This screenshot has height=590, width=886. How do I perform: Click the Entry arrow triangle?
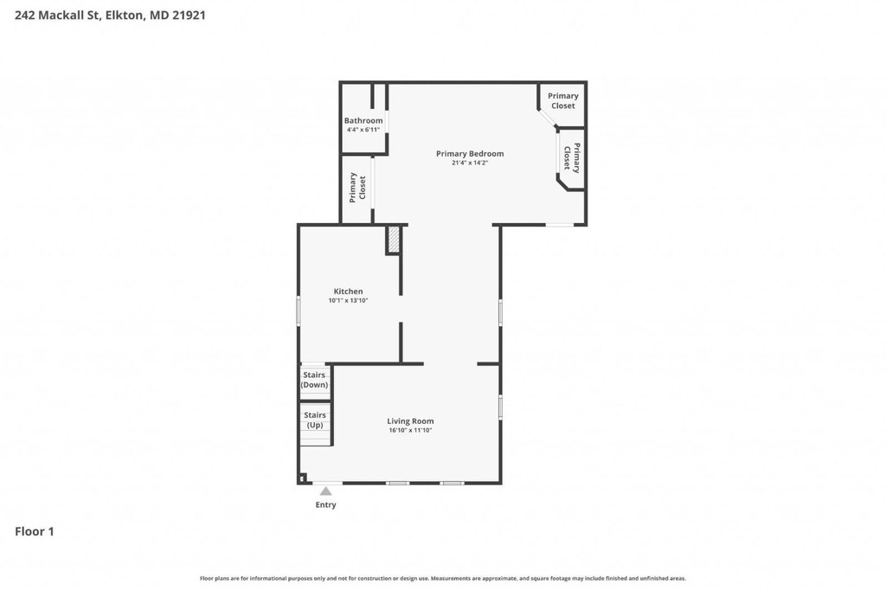click(x=326, y=491)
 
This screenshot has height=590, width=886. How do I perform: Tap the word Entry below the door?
click(x=325, y=504)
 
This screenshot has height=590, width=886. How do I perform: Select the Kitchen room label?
click(x=348, y=291)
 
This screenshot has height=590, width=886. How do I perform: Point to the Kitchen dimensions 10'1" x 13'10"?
click(x=348, y=301)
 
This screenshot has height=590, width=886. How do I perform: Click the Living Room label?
click(x=410, y=421)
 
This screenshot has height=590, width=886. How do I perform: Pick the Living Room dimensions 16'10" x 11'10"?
click(x=410, y=430)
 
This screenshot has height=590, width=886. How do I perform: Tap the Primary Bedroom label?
click(x=470, y=154)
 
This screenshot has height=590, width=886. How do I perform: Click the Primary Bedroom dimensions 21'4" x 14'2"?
click(x=470, y=163)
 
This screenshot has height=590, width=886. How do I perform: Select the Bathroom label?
click(x=363, y=120)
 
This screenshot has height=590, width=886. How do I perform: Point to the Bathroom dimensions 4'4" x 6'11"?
click(x=363, y=130)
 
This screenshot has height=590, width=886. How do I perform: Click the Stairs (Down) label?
click(x=314, y=380)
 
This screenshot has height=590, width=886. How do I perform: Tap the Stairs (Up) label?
click(x=315, y=420)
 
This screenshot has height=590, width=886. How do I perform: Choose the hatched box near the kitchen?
click(x=394, y=240)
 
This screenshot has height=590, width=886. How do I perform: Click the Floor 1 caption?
click(x=35, y=531)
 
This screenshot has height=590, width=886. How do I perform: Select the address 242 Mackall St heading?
click(x=57, y=16)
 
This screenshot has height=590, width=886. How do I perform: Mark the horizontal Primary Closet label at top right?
click(x=562, y=100)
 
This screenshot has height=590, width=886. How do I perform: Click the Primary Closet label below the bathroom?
click(x=357, y=188)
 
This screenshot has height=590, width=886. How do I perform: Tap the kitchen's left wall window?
click(x=299, y=311)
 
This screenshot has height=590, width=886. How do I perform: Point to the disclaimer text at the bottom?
click(x=443, y=578)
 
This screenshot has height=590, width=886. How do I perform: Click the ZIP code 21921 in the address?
click(x=189, y=16)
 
